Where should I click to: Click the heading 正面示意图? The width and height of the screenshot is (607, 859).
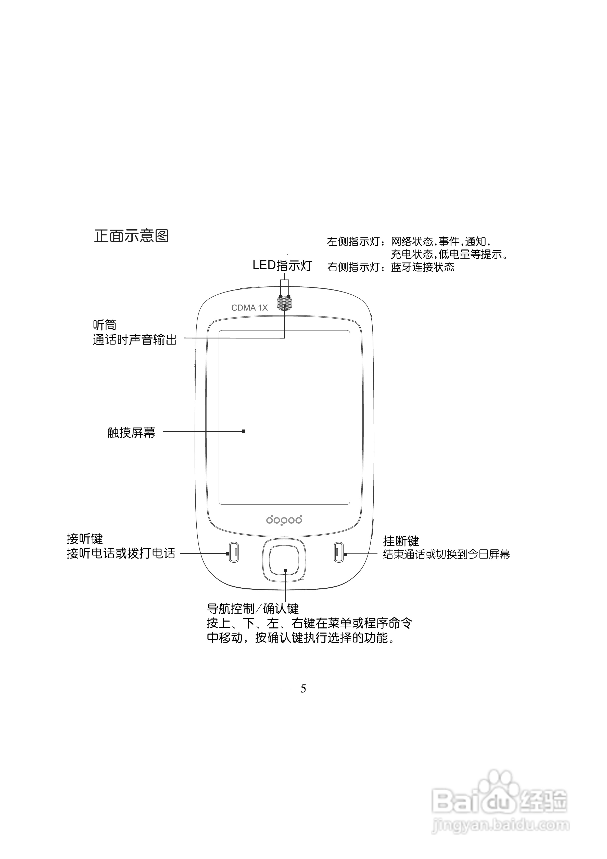131,236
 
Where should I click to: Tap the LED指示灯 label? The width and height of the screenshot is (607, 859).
282,265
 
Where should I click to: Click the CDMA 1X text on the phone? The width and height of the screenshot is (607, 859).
249,308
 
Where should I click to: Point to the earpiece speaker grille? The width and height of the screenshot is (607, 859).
284,303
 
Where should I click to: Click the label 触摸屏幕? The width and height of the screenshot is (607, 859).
131,433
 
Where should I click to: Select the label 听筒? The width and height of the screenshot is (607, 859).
104,324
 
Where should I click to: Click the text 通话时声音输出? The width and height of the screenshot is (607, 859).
135,340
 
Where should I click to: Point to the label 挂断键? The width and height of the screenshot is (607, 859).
401,541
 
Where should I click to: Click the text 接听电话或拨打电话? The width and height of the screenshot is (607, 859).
121,553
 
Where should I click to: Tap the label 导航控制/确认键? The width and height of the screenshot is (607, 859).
252,609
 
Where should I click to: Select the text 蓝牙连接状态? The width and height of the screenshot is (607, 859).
423,267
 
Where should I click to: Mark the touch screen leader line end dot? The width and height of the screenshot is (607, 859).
244,431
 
